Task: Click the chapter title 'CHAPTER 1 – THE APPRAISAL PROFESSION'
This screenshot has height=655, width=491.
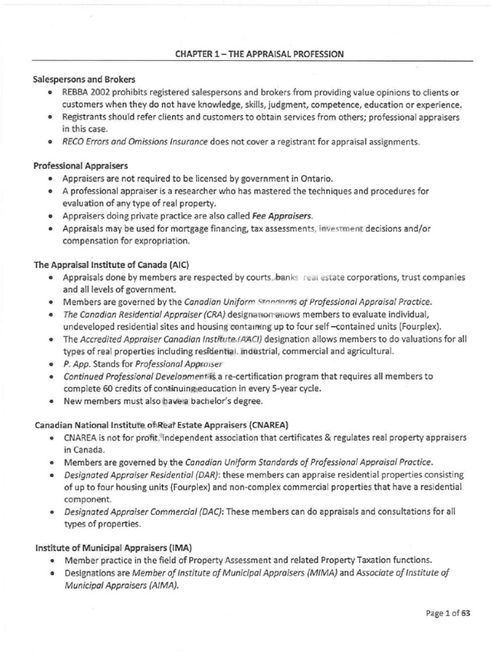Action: tap(259, 54)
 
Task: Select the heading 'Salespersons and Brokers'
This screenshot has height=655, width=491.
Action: tap(84, 80)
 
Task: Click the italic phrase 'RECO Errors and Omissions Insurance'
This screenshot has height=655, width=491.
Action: tap(134, 141)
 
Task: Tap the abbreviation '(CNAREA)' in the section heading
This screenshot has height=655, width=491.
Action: tap(248, 424)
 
